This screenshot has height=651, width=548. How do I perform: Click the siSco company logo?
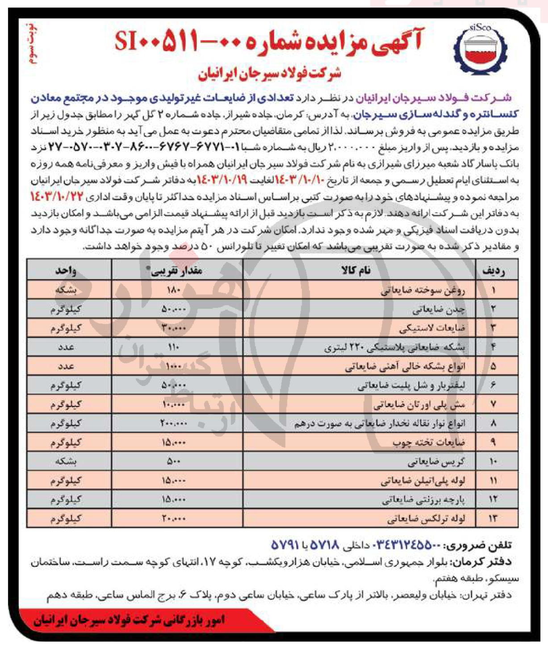click(480, 49)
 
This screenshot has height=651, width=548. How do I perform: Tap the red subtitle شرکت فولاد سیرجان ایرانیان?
click(269, 73)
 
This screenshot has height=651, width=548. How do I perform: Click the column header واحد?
click(66, 270)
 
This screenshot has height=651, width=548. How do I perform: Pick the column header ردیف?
click(494, 270)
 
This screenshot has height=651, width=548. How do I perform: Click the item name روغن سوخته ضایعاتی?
click(423, 290)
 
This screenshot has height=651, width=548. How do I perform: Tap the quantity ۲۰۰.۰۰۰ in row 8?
click(174, 423)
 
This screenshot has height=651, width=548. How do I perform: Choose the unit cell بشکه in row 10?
click(66, 461)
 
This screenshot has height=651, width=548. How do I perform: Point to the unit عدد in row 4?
click(66, 347)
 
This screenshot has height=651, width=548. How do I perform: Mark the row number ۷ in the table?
click(493, 404)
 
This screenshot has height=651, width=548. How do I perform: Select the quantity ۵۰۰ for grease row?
click(174, 461)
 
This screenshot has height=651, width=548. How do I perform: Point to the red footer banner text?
click(129, 620)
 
